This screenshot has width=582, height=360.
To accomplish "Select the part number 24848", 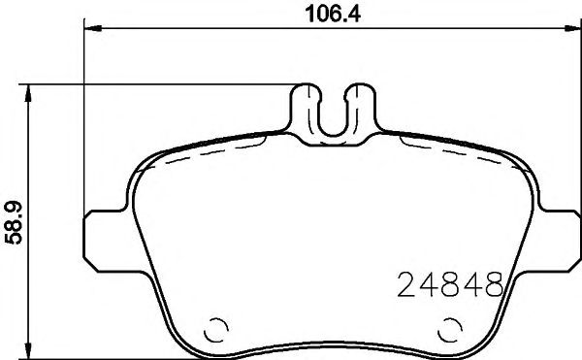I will point(450,284).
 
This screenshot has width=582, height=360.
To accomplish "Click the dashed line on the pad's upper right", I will point(456,155).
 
